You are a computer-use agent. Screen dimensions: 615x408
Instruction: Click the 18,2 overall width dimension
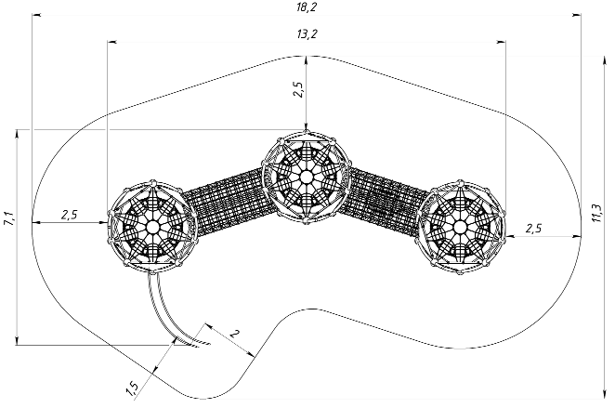click(307, 7)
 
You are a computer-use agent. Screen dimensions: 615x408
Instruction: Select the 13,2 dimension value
click(307, 34)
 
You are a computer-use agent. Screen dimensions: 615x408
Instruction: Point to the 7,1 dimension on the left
click(8, 218)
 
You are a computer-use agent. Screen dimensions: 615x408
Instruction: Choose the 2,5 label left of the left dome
click(69, 215)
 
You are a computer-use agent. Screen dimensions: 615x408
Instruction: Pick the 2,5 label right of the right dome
click(534, 229)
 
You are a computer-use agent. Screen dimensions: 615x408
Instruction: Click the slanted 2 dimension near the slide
click(234, 335)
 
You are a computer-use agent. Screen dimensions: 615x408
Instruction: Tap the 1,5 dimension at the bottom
click(132, 388)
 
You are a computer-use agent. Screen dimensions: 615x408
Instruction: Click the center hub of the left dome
click(152, 227)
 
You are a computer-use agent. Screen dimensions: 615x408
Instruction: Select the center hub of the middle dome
click(306, 178)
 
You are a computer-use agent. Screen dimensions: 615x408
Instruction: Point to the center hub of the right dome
click(460, 227)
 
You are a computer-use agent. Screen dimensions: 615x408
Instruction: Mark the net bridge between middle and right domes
click(385, 200)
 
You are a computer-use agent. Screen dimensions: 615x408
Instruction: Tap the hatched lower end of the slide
click(197, 343)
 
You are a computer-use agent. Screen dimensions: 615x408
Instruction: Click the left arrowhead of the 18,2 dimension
click(36, 15)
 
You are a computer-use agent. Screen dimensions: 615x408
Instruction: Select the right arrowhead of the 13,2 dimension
click(501, 41)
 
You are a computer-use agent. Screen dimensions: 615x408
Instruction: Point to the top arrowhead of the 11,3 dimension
click(603, 60)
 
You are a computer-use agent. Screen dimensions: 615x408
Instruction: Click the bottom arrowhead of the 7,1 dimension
click(17, 340)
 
